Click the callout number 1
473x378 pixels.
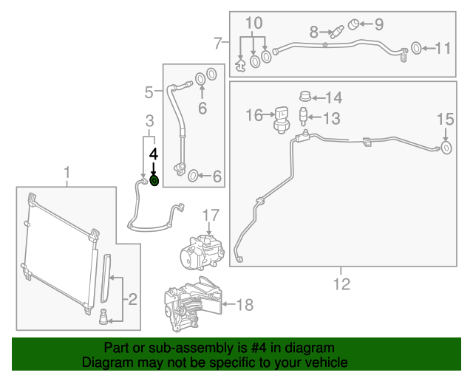coord(67,173)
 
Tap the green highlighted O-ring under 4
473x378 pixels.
coord(154,180)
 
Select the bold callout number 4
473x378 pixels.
coord(154,155)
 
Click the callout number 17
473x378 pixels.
coord(211,216)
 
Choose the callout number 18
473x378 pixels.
coord(244,303)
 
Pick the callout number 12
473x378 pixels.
coord(341,283)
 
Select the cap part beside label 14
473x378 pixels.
coord(303,96)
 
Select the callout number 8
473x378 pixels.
coord(313,32)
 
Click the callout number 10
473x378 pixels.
coord(253,23)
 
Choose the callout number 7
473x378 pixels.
coord(218,43)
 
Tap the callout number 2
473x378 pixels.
coord(132,299)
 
